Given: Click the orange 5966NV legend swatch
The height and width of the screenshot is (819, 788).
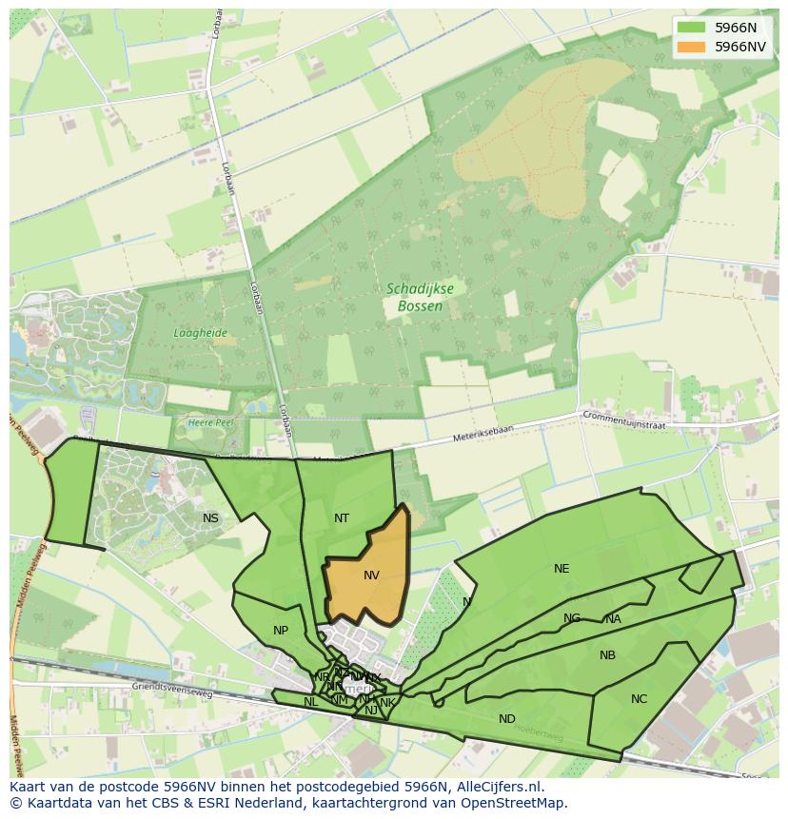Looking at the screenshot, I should (692, 47).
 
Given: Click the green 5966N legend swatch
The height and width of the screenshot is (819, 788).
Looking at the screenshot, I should (692, 28).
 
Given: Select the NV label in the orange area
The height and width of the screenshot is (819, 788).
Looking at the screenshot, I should (371, 575).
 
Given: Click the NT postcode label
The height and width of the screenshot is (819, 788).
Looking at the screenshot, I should (342, 518).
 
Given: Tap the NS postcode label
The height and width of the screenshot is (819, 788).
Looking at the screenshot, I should (210, 518).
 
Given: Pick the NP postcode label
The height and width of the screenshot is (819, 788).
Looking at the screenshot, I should (281, 631).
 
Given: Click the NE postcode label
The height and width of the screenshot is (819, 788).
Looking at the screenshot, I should (561, 569).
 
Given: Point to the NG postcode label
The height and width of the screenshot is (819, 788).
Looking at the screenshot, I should (571, 618).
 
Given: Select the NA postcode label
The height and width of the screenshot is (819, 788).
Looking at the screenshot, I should (613, 619).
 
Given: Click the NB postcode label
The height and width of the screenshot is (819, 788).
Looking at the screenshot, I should (607, 655).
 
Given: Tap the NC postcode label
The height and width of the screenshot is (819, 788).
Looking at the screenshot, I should (639, 699).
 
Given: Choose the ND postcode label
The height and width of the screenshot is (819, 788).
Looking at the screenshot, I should (507, 719).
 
